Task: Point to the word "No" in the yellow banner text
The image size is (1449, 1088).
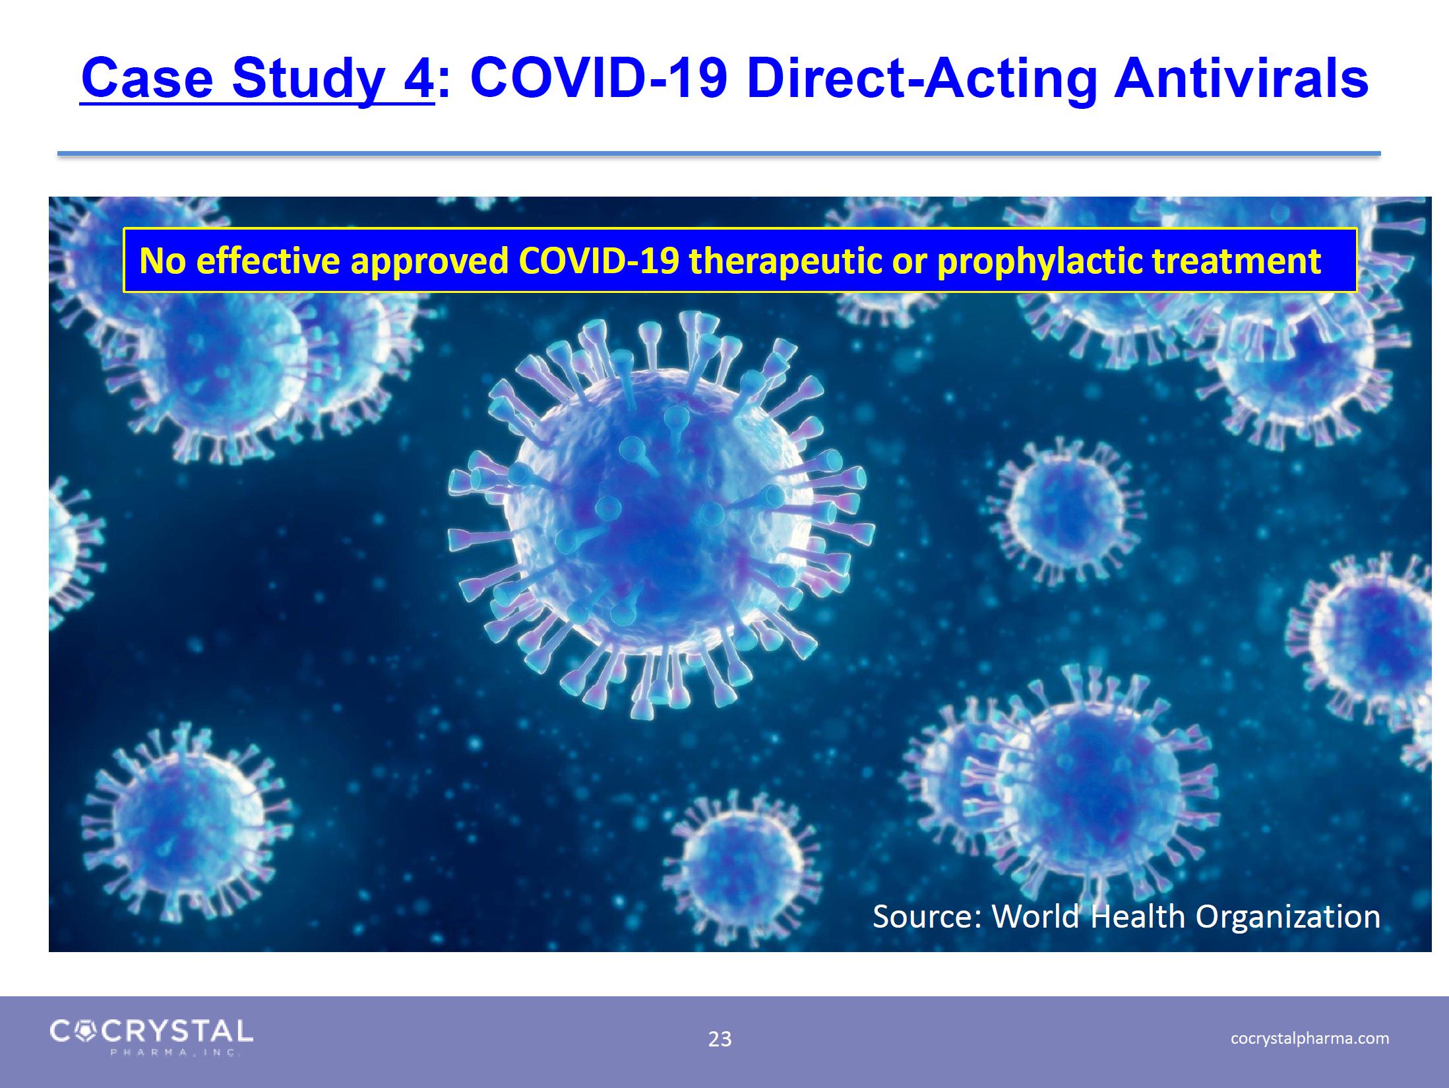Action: click(163, 261)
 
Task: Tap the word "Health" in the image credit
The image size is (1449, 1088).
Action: click(1138, 916)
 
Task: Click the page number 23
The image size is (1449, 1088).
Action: click(720, 1039)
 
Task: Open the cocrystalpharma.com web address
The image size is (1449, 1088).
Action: click(1310, 1039)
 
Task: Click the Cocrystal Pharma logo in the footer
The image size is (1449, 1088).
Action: click(151, 1037)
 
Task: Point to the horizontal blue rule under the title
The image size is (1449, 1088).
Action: click(719, 154)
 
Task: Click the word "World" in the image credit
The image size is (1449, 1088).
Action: click(1036, 916)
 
